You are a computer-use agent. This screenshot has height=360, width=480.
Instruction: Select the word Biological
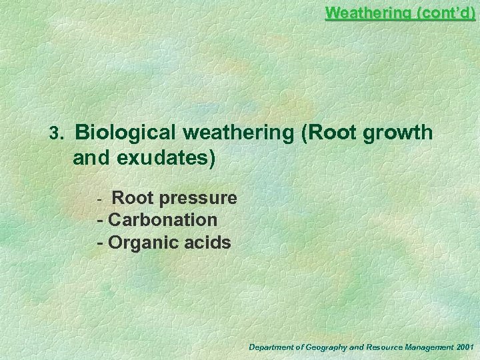(x=125, y=133)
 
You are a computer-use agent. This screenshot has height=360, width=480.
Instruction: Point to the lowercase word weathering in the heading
(x=238, y=133)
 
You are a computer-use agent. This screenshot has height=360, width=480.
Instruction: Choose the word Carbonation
(x=162, y=219)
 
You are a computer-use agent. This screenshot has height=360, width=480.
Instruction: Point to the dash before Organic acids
(x=100, y=242)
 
